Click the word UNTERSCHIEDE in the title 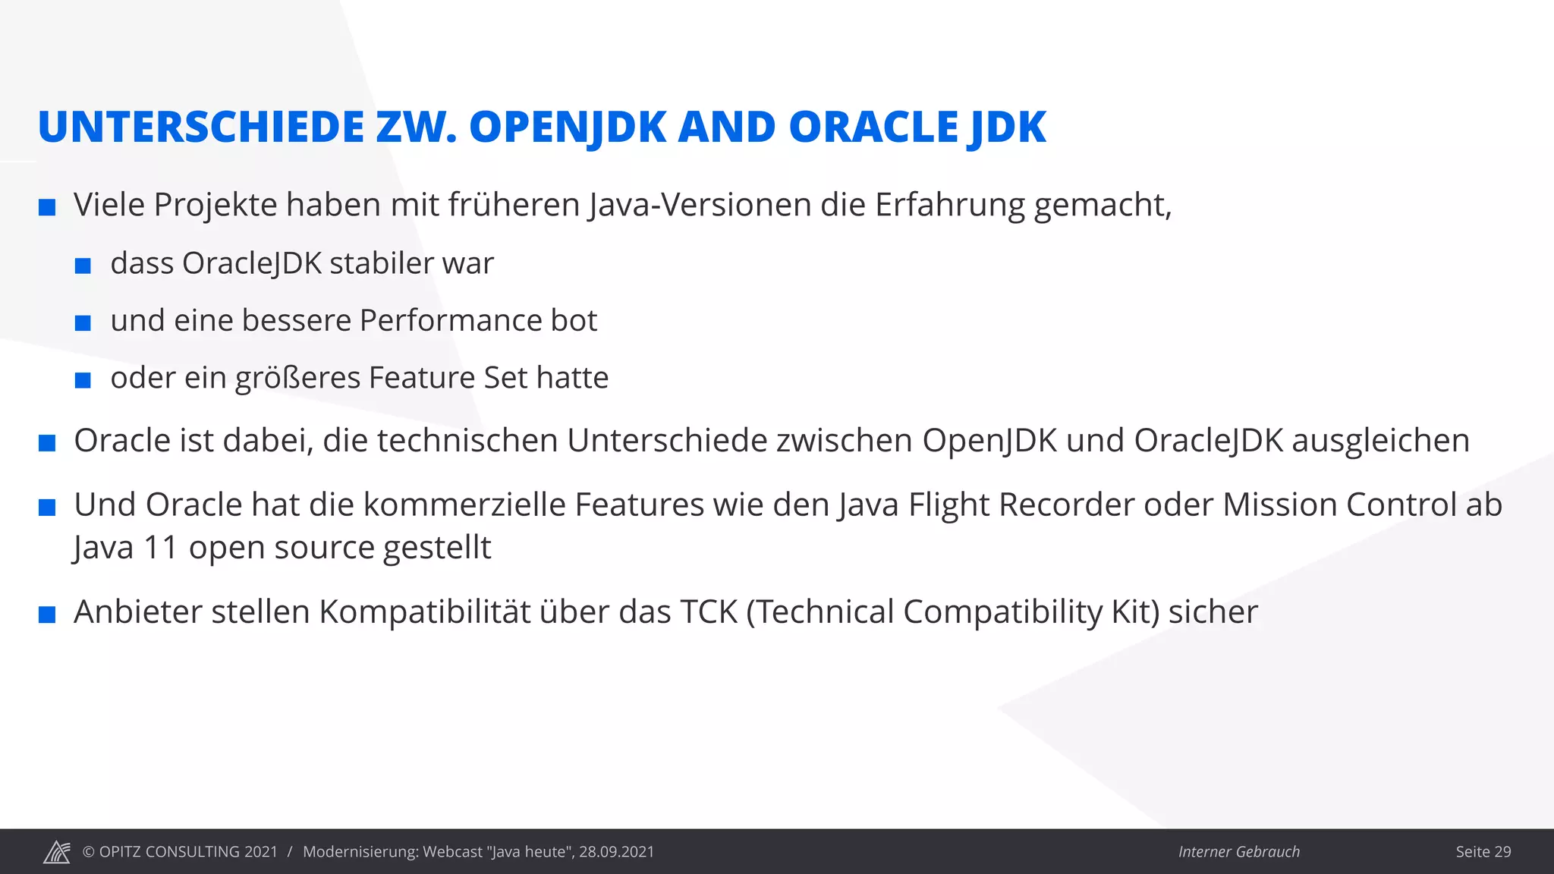point(201,127)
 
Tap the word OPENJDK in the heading point(568,127)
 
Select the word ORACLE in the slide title point(873,127)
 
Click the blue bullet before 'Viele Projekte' point(47,207)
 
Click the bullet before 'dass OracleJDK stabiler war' point(83,266)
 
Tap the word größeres point(297,378)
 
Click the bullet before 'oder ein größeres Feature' point(83,380)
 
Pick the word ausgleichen point(1380,441)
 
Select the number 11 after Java point(160,548)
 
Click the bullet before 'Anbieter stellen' point(47,615)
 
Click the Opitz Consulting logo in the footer point(57,852)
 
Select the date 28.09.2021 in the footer point(616,852)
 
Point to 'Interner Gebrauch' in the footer point(1238,852)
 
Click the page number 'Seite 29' point(1483,852)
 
